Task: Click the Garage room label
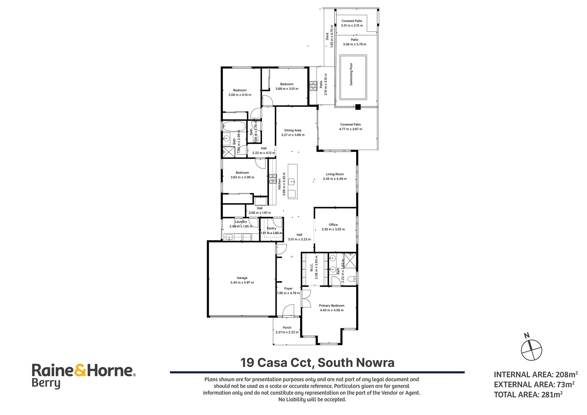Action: [x=242, y=278]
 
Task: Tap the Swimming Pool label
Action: [x=351, y=75]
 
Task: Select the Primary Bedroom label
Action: [x=332, y=305]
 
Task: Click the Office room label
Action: [x=333, y=225]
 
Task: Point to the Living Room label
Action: [x=335, y=174]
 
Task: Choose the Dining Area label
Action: [x=293, y=130]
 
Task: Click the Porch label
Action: [x=287, y=328]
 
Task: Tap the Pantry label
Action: [x=272, y=228]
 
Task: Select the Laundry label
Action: [x=241, y=222]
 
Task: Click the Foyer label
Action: [x=289, y=289]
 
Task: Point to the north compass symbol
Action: [x=531, y=349]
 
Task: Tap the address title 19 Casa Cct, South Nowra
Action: [x=317, y=362]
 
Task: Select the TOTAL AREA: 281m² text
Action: [x=528, y=394]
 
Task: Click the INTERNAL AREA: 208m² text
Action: [x=536, y=375]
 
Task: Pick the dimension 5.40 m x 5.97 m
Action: [x=242, y=282]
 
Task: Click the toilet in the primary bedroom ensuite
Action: [x=351, y=279]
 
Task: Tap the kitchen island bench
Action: [x=292, y=181]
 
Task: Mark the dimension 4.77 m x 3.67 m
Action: [x=350, y=129]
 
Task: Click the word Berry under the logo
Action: [x=46, y=383]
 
